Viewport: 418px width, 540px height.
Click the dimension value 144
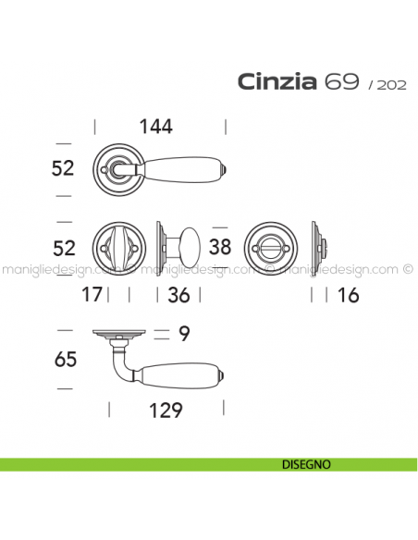point(155,127)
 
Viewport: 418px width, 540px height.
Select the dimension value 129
point(166,411)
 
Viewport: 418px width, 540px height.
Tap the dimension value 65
point(66,360)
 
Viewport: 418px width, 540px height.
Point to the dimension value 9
point(184,334)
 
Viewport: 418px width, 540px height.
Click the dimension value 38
point(220,247)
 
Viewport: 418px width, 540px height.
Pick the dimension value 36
point(178,295)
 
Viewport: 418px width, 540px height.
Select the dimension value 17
point(92,294)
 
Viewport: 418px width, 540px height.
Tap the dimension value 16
point(348,295)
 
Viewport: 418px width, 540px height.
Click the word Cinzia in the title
point(277,82)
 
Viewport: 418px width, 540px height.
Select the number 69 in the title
point(341,81)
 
